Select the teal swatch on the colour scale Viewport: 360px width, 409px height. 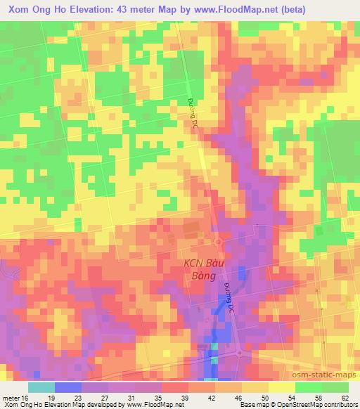point(41,387)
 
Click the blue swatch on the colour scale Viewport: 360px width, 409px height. point(67,387)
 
